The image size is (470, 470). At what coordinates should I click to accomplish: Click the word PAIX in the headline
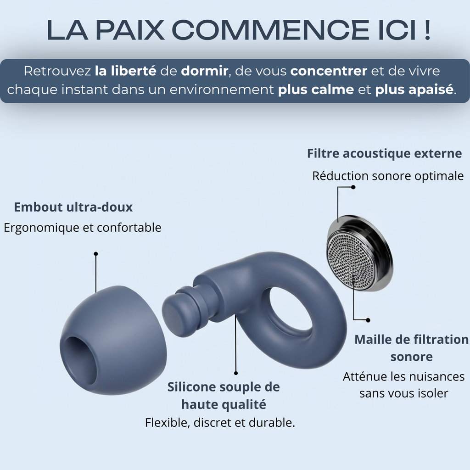point(130,30)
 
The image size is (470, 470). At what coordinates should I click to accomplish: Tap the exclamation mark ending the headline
point(427,30)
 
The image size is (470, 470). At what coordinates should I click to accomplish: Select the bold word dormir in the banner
point(205,71)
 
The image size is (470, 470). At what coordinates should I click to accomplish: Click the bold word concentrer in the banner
point(329,71)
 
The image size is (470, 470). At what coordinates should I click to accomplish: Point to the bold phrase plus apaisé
point(414,90)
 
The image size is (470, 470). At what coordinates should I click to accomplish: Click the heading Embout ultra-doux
point(73,207)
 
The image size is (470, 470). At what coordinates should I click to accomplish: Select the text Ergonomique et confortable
point(83,228)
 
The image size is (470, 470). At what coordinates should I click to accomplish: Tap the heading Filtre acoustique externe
point(384,153)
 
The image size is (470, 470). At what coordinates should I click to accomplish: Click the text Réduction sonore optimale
point(388,176)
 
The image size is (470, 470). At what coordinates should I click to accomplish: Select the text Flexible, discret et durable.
point(220,423)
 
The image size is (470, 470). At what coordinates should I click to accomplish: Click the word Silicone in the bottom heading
point(191,387)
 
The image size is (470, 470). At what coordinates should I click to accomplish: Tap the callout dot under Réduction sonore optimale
point(353,187)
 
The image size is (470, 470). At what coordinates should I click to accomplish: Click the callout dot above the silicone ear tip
point(96,254)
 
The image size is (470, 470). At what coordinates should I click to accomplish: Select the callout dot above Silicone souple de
point(236,373)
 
